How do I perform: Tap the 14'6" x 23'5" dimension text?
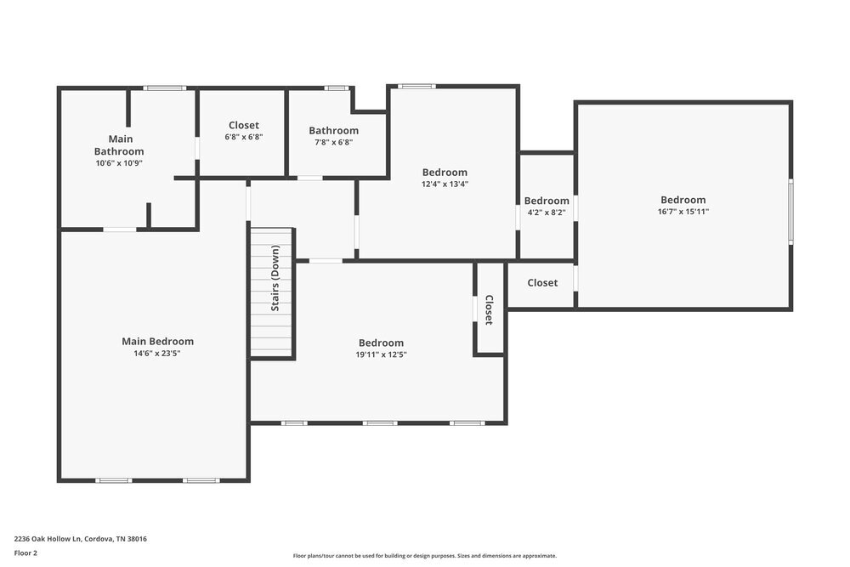[157, 353]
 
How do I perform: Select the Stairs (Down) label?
[275, 278]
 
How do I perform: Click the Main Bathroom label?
[119, 145]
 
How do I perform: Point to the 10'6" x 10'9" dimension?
[119, 162]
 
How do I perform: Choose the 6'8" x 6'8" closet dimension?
[244, 137]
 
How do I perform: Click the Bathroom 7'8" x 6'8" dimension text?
[333, 142]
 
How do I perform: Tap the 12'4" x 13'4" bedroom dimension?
[445, 184]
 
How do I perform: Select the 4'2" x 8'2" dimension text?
[547, 213]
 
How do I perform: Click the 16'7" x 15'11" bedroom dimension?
[683, 212]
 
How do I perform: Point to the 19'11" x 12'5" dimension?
[382, 354]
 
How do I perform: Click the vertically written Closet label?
[489, 309]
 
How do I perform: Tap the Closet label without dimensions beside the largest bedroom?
[542, 282]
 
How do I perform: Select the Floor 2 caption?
[25, 553]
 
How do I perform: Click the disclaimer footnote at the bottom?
[425, 555]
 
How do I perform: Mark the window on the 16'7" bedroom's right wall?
[790, 212]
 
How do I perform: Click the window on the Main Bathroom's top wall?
[164, 88]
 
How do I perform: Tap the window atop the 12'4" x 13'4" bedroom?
[416, 86]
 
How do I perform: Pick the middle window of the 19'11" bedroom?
[380, 422]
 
